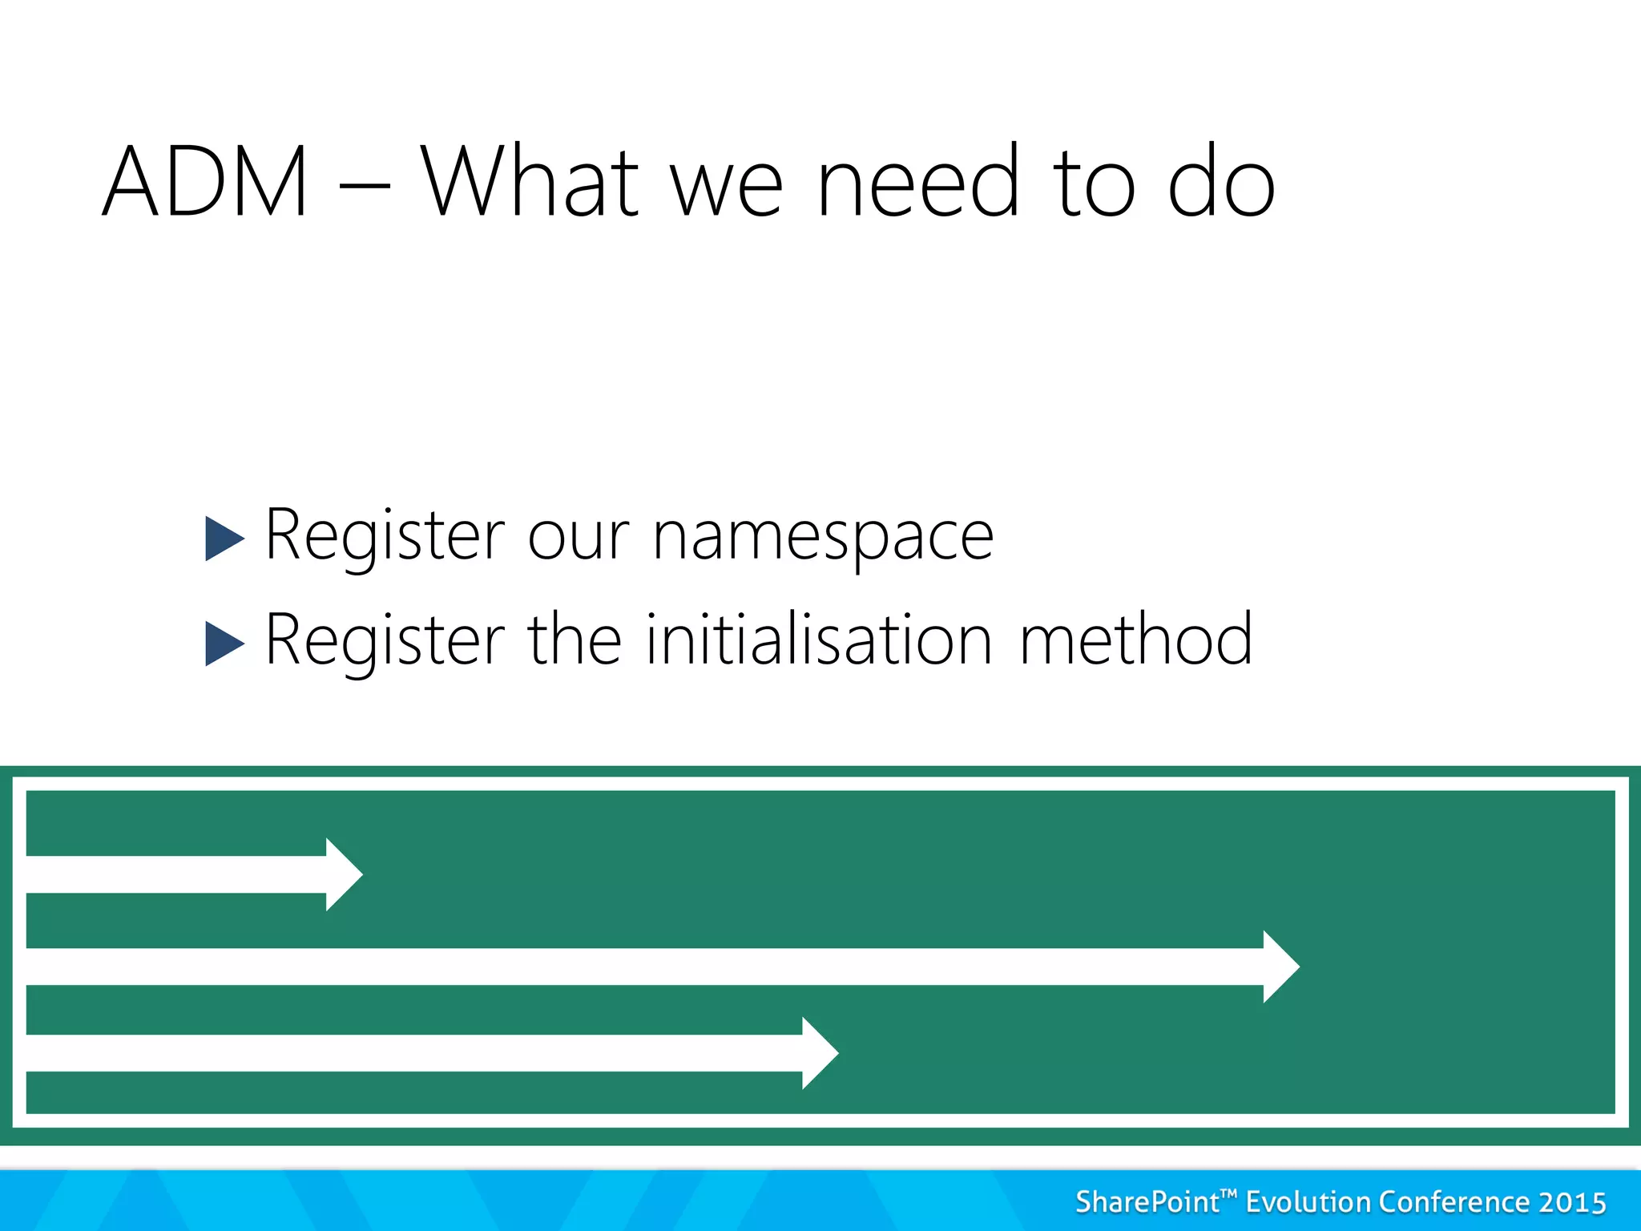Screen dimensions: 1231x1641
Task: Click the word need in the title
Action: (x=918, y=183)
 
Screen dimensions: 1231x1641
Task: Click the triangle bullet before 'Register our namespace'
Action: (x=224, y=538)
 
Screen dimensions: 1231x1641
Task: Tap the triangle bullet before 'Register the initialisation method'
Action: (x=224, y=643)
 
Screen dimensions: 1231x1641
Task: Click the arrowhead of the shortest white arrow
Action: (x=343, y=874)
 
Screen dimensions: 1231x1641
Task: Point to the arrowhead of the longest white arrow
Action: (x=1280, y=967)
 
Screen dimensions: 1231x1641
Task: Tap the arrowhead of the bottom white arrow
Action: (x=819, y=1053)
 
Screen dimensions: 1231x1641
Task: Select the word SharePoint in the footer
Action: (x=1147, y=1202)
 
